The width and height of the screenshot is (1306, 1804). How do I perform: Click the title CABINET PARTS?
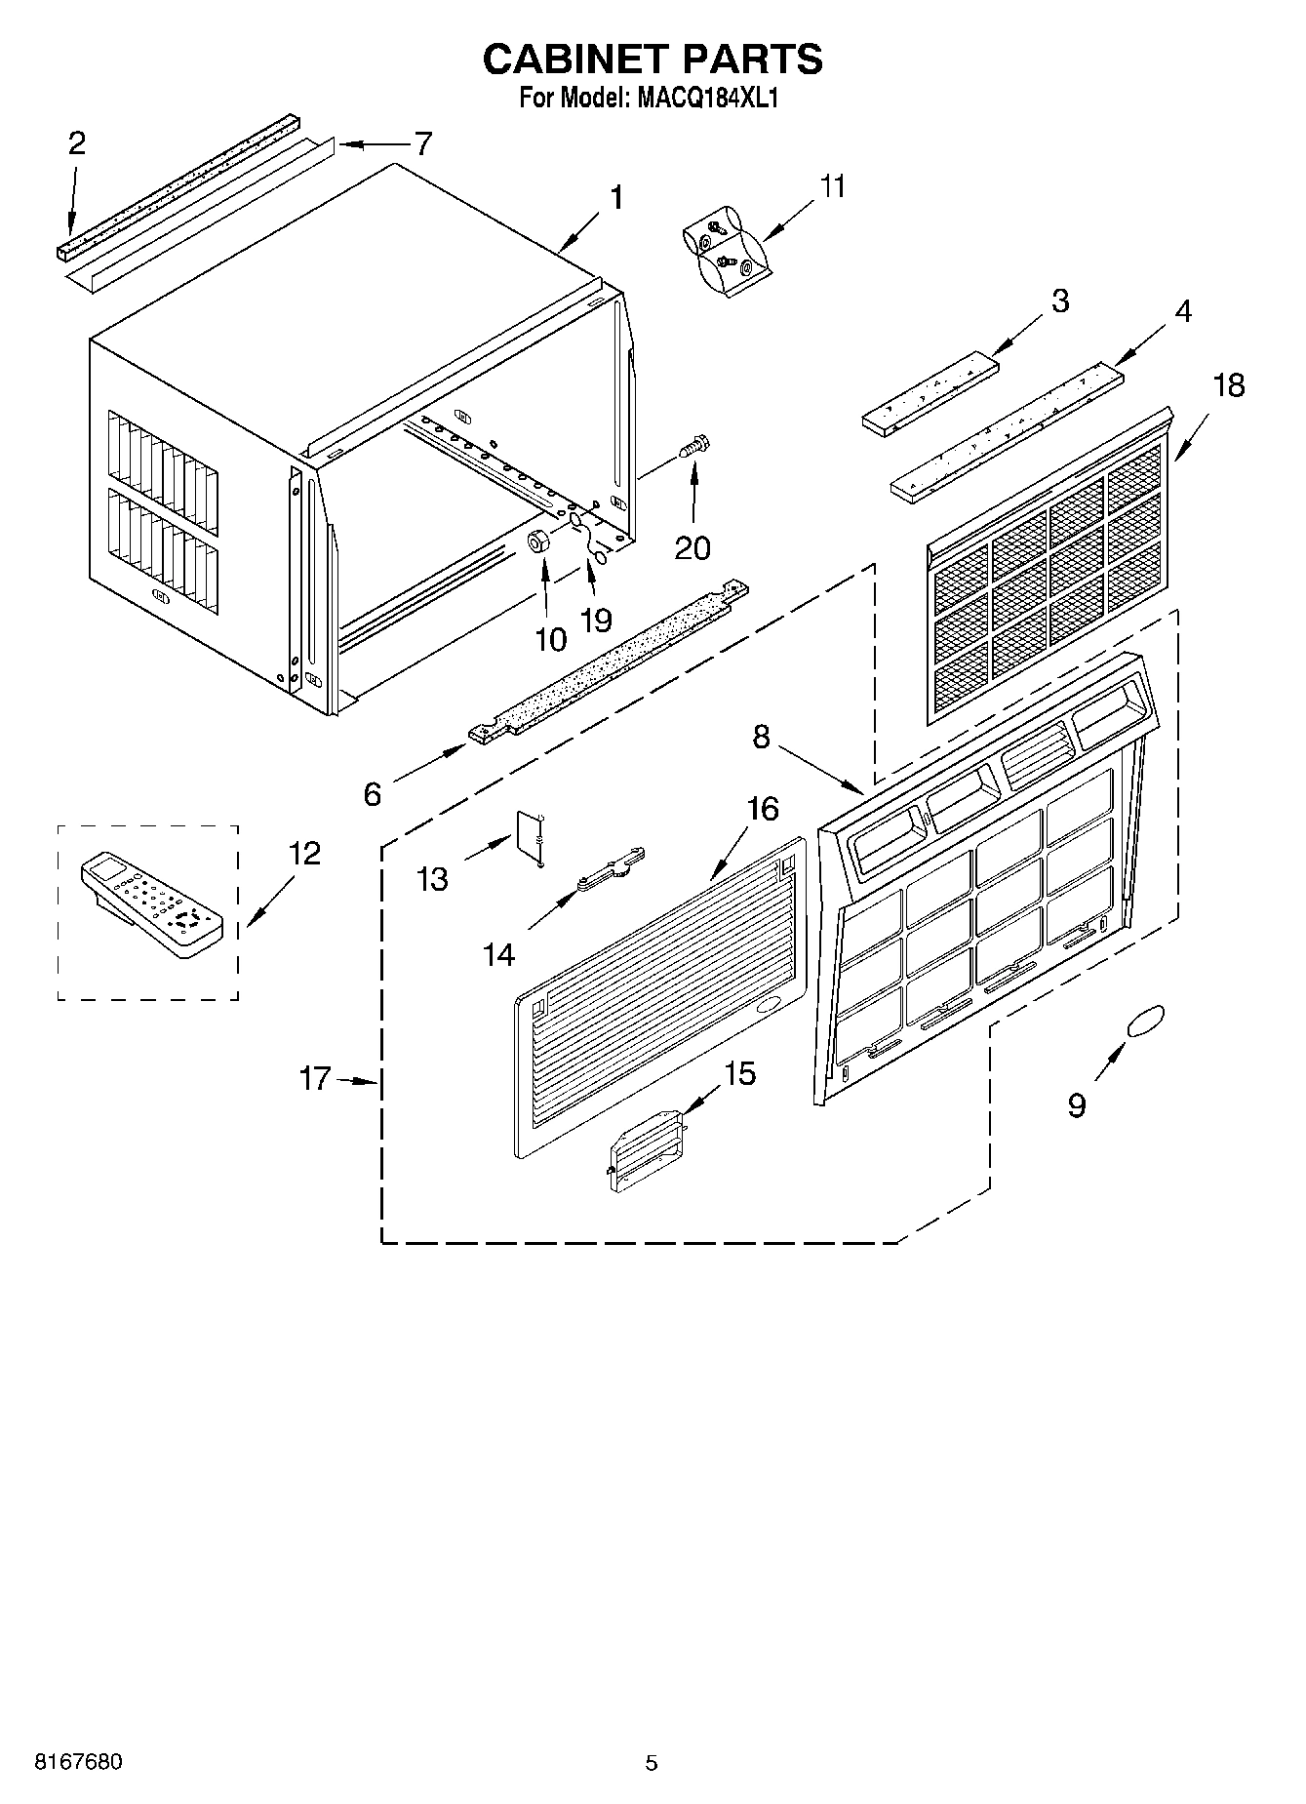(x=653, y=60)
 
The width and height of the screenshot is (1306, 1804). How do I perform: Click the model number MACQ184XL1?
(x=709, y=99)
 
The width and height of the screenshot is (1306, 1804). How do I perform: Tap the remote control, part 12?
(x=152, y=903)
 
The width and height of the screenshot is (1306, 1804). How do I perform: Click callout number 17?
(x=316, y=1080)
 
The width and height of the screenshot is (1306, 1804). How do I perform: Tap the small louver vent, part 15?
(x=647, y=1148)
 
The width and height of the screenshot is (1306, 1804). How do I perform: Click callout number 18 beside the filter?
(x=1229, y=386)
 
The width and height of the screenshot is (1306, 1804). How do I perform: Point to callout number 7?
(x=422, y=144)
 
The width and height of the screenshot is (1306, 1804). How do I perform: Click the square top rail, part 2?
(x=176, y=185)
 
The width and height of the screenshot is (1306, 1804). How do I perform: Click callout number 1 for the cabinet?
(x=615, y=198)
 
